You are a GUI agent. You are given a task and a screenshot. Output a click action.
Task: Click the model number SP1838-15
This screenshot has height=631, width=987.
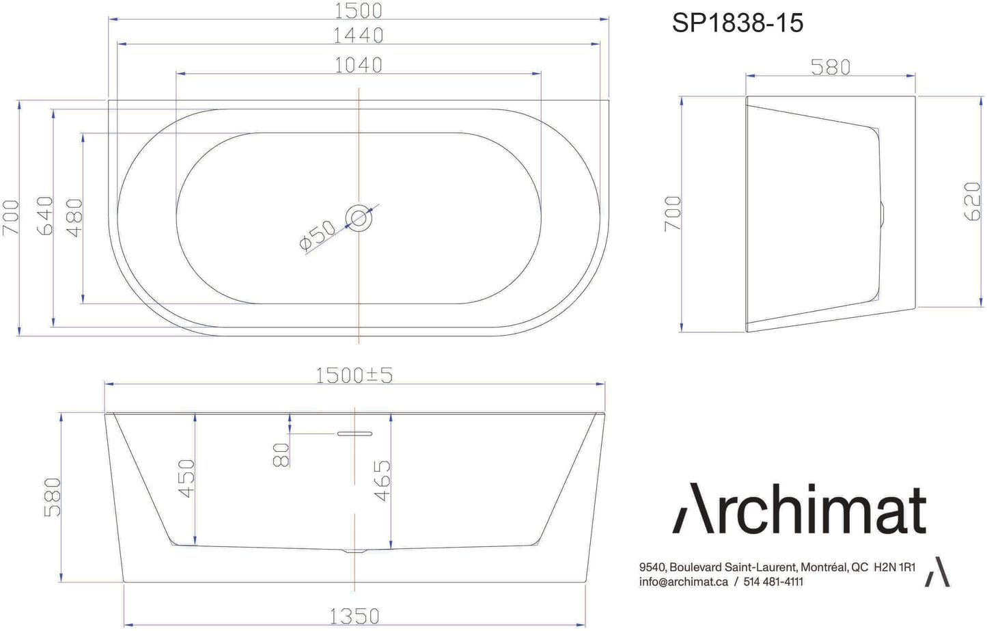[737, 23]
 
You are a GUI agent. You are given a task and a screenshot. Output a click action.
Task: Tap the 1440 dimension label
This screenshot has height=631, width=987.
[358, 36]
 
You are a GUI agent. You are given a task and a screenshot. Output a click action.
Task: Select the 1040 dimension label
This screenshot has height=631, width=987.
[358, 65]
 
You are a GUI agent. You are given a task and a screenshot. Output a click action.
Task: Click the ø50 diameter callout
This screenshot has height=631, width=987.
[317, 235]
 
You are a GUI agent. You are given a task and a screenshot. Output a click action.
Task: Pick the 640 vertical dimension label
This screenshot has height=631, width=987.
[45, 215]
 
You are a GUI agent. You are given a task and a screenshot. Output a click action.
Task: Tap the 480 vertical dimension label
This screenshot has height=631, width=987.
[74, 218]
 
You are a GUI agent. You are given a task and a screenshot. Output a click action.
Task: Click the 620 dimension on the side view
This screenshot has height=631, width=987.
[971, 201]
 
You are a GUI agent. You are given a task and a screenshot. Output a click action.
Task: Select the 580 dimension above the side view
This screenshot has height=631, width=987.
[830, 68]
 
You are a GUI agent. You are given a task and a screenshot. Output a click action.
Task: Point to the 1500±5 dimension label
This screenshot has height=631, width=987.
[354, 375]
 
